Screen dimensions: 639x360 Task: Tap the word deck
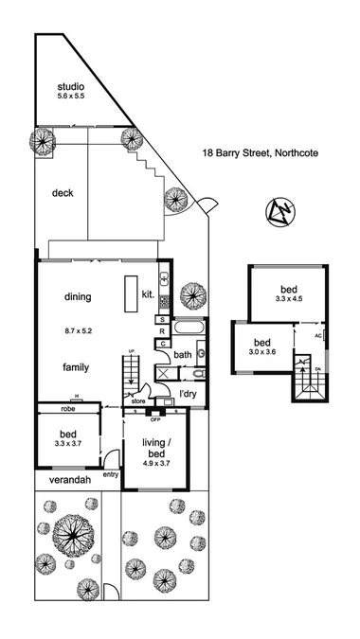pos(63,192)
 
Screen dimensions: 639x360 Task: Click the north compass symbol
pos(280,214)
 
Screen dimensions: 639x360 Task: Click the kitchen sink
pos(163,280)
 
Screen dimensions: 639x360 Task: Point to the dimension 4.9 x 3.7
pos(155,464)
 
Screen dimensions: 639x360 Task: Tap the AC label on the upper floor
pos(318,334)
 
